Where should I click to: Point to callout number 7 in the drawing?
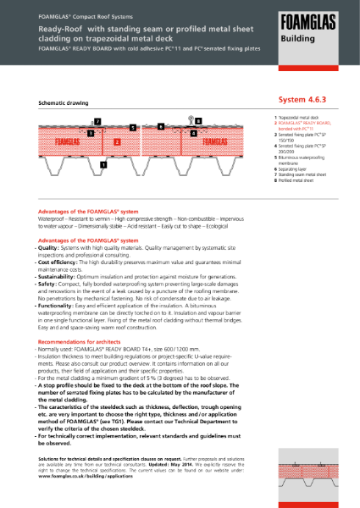[x=97, y=122]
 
